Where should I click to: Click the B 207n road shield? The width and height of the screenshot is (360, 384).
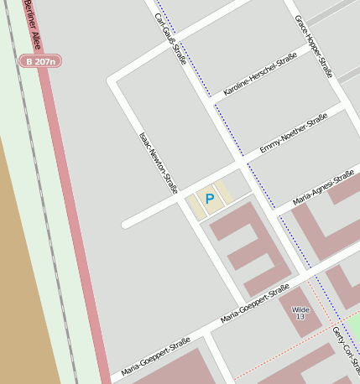click(x=40, y=61)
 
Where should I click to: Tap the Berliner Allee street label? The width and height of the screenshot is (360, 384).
click(x=32, y=24)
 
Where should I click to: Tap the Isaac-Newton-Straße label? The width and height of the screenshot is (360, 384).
click(x=159, y=164)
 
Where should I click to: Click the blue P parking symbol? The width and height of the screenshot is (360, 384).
click(x=209, y=200)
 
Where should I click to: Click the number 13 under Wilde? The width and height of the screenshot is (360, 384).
click(x=300, y=317)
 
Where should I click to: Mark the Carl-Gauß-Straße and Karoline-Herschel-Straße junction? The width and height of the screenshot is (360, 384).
click(x=212, y=104)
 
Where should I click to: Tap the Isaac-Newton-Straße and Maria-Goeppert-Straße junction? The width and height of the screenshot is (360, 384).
click(x=243, y=305)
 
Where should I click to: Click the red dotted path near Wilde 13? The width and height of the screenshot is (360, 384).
click(x=277, y=355)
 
